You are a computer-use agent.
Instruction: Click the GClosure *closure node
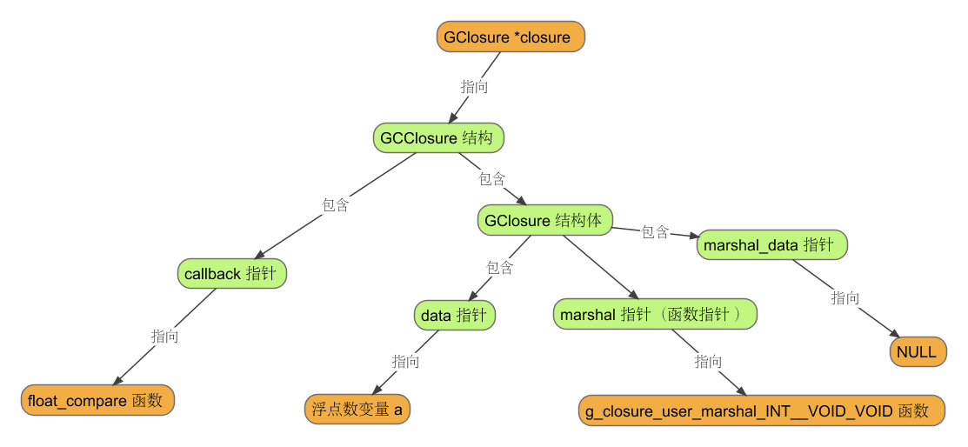[510, 37]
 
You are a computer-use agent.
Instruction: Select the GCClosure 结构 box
[438, 137]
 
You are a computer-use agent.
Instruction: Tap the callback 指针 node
[231, 273]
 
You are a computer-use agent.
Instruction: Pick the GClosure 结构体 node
[544, 220]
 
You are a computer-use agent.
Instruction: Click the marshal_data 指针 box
[771, 245]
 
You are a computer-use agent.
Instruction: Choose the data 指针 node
[454, 315]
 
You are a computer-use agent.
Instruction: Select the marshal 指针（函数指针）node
[655, 314]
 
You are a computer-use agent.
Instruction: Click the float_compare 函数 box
[97, 400]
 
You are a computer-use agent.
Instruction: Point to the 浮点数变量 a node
[357, 409]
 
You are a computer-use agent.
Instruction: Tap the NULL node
[918, 352]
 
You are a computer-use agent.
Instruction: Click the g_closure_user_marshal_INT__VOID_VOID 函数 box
[761, 410]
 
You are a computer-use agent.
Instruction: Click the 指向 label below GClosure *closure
[474, 87]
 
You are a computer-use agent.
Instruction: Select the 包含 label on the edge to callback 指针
[336, 205]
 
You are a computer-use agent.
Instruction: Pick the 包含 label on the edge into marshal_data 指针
[655, 232]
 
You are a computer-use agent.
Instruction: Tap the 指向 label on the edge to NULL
[845, 298]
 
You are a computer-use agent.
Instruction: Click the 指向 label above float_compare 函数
[165, 336]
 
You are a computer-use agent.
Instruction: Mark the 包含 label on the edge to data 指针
[499, 267]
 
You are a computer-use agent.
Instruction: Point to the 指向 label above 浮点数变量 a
[405, 361]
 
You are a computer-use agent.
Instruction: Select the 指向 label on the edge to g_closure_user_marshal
[708, 361]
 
